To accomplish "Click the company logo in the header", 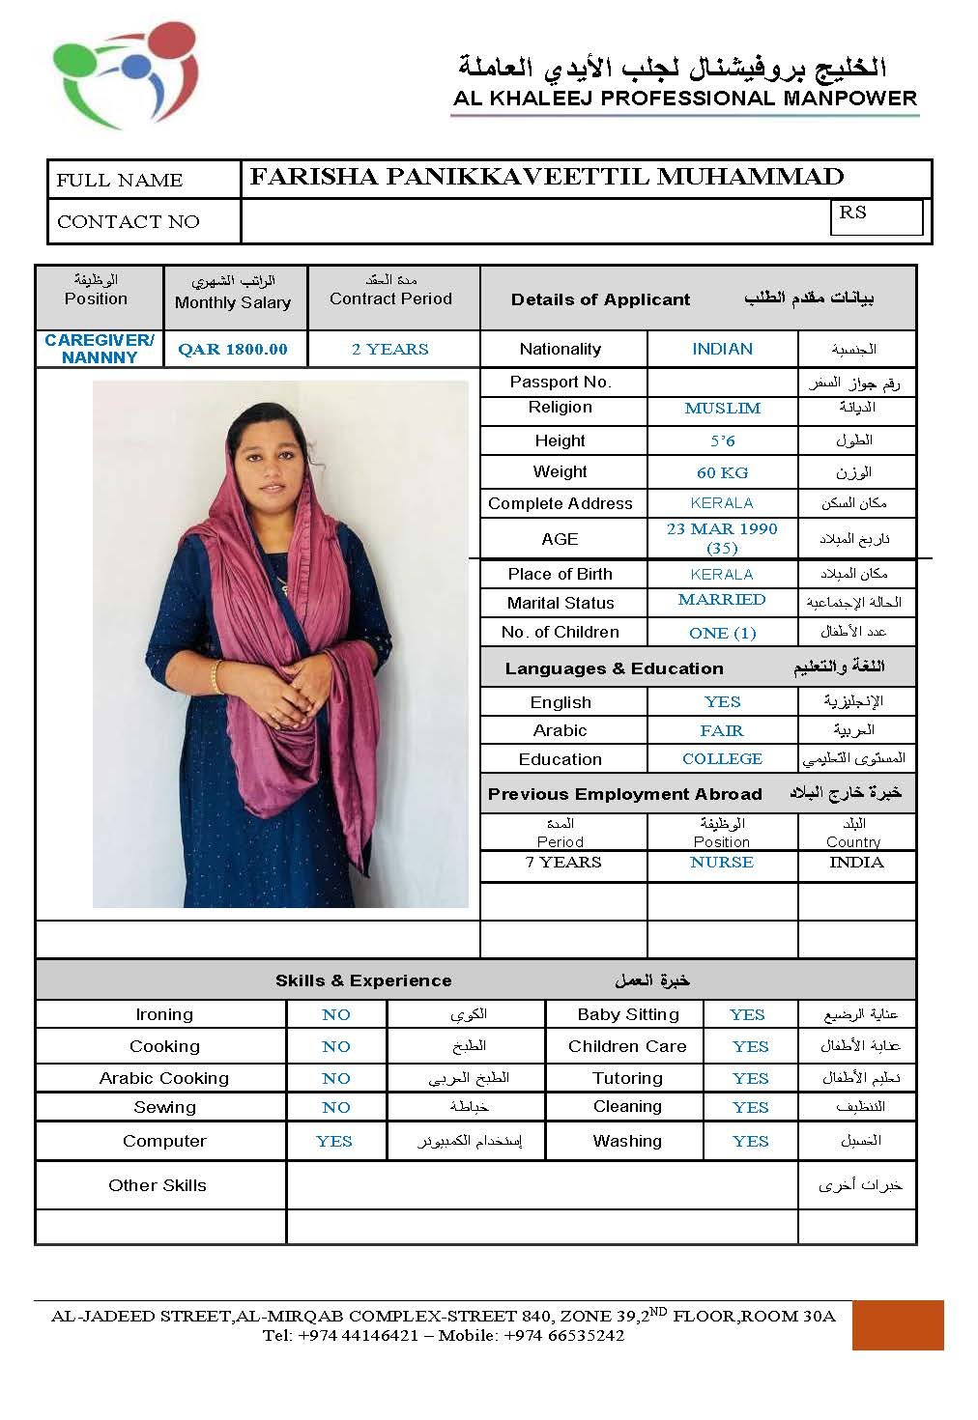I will pyautogui.click(x=126, y=75).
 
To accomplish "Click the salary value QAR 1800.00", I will pyautogui.click(x=233, y=350).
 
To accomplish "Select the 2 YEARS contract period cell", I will pyautogui.click(x=390, y=350).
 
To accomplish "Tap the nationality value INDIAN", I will pyautogui.click(x=722, y=350).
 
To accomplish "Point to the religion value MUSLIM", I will pyautogui.click(x=722, y=409).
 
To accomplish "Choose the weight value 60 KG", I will pyautogui.click(x=722, y=473).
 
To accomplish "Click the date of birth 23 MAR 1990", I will pyautogui.click(x=722, y=529).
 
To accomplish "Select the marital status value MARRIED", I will pyautogui.click(x=722, y=600).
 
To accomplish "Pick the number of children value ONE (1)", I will pyautogui.click(x=722, y=634).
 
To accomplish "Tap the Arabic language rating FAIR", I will pyautogui.click(x=722, y=731).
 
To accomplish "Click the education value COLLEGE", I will pyautogui.click(x=722, y=759).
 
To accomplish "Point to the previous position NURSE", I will pyautogui.click(x=722, y=863).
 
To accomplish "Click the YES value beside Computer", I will pyautogui.click(x=334, y=1142).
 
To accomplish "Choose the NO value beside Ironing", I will pyautogui.click(x=336, y=1015).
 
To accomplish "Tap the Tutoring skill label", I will pyautogui.click(x=627, y=1078).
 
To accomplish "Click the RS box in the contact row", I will pyautogui.click(x=876, y=216).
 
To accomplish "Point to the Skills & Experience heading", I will pyautogui.click(x=363, y=980).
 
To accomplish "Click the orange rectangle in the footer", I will pyautogui.click(x=897, y=1324).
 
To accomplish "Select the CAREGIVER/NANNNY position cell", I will pyautogui.click(x=100, y=349).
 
